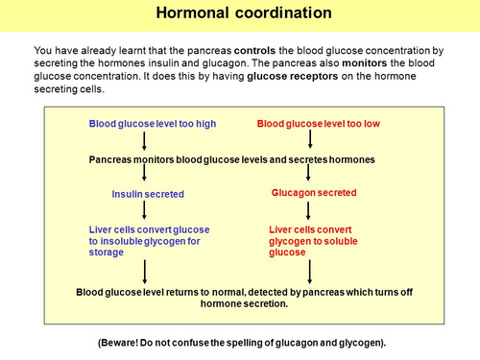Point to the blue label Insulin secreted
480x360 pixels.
[148, 194]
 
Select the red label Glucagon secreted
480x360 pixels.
[315, 193]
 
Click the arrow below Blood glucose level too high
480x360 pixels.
[144, 140]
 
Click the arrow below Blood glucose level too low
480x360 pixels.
[307, 140]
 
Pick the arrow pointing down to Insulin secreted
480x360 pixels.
[144, 174]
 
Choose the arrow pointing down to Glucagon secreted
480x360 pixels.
[307, 174]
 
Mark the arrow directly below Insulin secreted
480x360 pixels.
[144, 210]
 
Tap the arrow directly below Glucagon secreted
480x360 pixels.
[307, 210]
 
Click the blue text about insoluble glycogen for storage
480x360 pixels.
[149, 241]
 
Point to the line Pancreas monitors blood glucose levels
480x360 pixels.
[231, 158]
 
